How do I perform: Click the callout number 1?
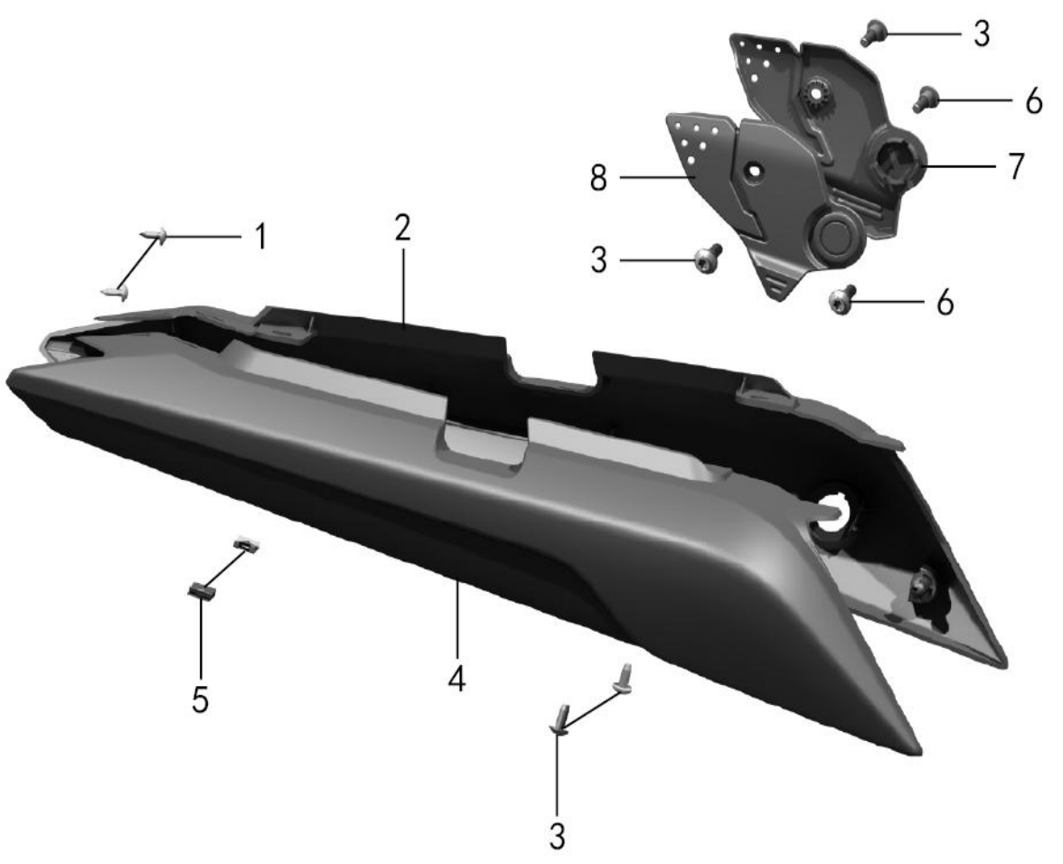pos(259,237)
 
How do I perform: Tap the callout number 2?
pos(403,229)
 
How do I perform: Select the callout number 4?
pos(457,679)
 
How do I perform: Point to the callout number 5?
pos(200,700)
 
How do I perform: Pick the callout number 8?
pos(598,179)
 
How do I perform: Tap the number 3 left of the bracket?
pos(598,260)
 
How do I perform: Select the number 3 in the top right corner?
pos(981,33)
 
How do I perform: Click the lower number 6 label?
pos(945,302)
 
